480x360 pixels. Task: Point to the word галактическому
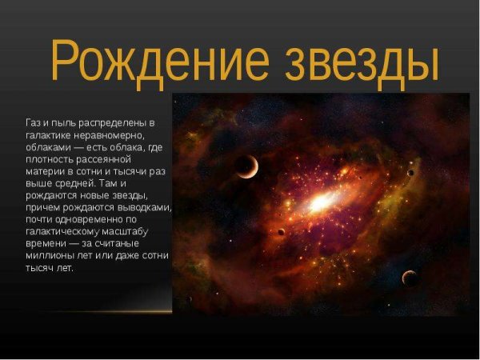pos(65,232)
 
